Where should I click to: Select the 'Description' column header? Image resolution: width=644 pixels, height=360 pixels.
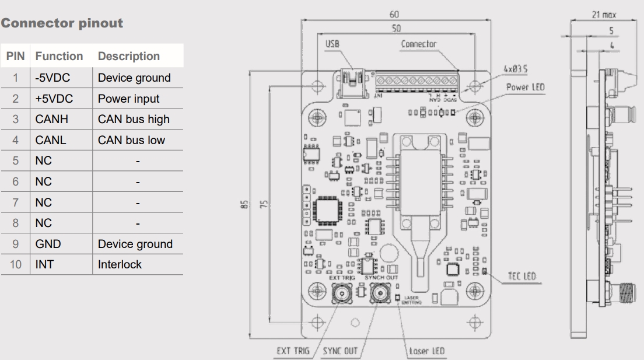pos(128,57)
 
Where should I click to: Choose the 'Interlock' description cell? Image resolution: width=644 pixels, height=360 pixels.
pos(120,264)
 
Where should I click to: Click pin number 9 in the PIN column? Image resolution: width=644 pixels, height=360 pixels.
pos(17,244)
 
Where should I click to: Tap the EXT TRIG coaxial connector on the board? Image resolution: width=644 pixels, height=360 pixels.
pos(340,294)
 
